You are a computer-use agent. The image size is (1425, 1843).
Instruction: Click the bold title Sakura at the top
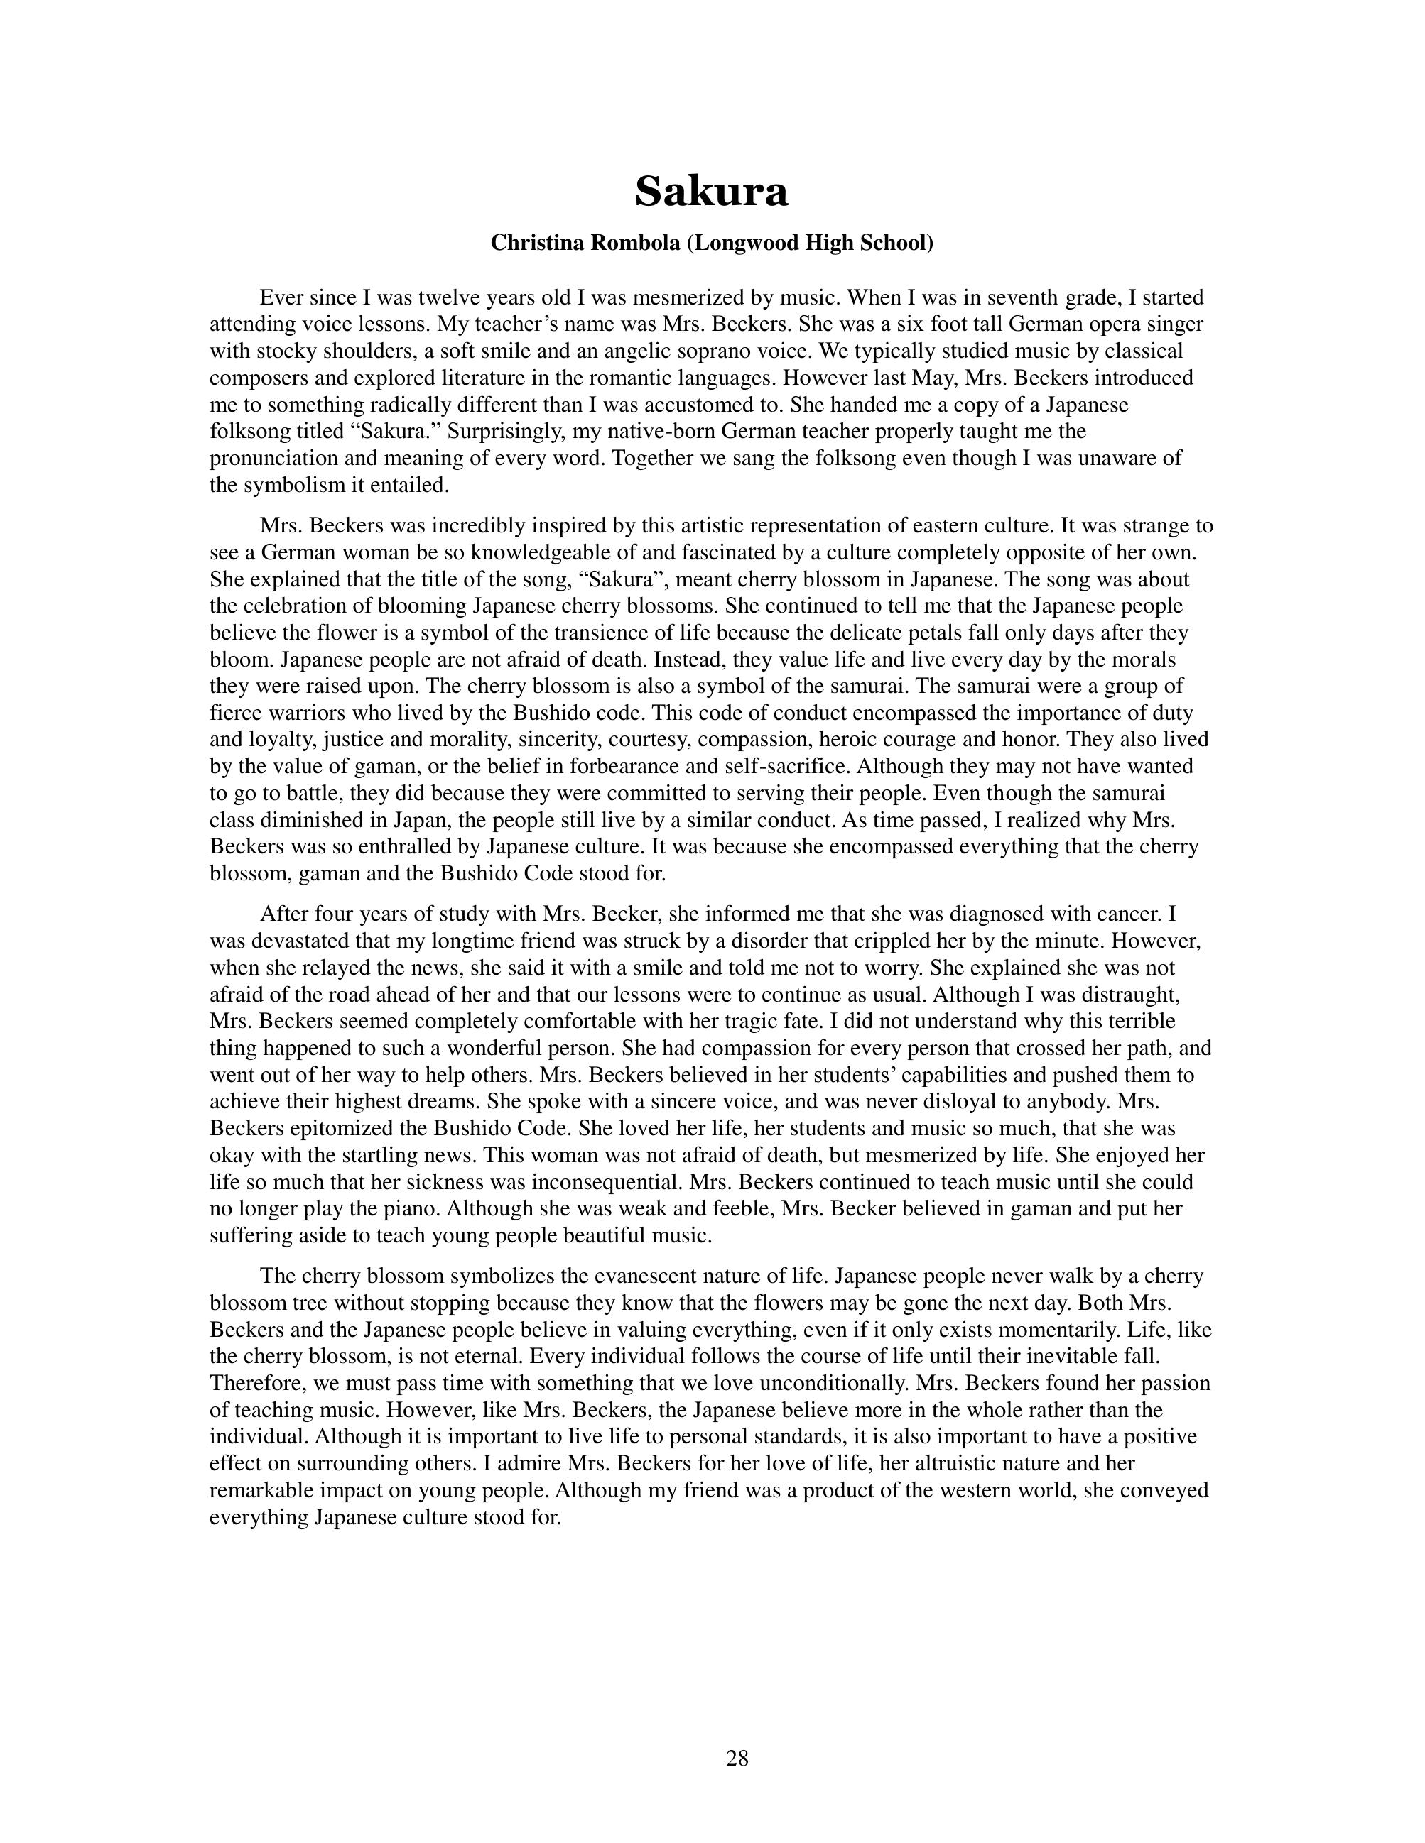(x=711, y=191)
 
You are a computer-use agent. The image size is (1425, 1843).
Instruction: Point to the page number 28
(x=736, y=1758)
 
